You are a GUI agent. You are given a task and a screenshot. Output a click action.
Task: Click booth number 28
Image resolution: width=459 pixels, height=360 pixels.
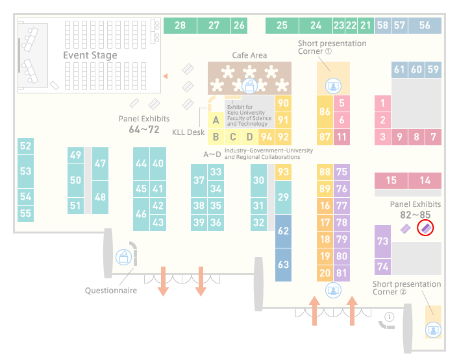pos(180,25)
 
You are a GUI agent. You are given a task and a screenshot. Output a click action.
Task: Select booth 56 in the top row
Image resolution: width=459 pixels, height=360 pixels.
pos(425,25)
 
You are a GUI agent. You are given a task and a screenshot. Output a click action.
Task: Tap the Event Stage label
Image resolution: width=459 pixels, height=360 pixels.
pos(90,55)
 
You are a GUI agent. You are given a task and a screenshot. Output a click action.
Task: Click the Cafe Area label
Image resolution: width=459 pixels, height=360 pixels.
pos(249,55)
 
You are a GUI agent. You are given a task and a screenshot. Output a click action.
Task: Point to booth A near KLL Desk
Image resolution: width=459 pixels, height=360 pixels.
pos(216,120)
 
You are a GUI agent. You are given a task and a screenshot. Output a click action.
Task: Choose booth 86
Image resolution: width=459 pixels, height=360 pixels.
pos(325,112)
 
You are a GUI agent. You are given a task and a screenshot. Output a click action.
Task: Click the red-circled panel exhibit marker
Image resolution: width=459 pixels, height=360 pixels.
pos(425,228)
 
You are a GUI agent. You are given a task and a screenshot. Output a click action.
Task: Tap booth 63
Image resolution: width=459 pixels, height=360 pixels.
pos(283,265)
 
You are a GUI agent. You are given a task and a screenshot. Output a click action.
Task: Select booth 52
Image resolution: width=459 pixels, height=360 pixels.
pos(25,146)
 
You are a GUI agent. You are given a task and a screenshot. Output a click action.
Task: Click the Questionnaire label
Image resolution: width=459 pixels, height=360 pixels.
pos(111,291)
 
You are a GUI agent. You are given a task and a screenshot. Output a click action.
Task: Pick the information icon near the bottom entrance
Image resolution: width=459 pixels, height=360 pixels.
pos(390,317)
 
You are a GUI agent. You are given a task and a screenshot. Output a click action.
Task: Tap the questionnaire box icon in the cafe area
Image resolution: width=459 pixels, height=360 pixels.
pos(249,86)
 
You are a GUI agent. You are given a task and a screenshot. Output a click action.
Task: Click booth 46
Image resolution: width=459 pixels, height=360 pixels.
pos(141,214)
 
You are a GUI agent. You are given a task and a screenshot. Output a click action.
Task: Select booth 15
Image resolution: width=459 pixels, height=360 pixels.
pos(391,180)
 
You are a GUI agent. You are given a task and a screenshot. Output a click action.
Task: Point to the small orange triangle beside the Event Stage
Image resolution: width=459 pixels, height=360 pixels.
pos(166,77)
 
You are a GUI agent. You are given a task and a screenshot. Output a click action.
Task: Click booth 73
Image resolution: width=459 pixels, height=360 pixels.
pos(382,241)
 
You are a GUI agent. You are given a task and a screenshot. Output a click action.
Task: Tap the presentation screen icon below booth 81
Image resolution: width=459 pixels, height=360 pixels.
pos(333,290)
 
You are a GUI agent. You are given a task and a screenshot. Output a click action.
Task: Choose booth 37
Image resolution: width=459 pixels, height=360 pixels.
pos(199,180)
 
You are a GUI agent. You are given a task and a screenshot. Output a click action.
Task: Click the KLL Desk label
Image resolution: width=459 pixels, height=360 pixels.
pos(188,132)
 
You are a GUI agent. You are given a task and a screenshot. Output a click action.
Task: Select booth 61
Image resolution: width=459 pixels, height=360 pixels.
pos(399,69)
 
